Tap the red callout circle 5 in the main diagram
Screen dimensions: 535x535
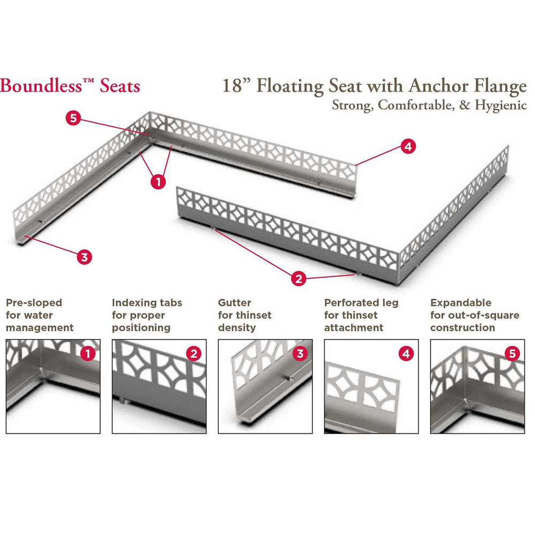click(x=74, y=119)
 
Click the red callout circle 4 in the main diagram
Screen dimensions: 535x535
click(x=408, y=147)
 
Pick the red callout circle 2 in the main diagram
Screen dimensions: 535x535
click(x=299, y=278)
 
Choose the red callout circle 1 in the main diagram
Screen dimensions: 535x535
click(x=158, y=182)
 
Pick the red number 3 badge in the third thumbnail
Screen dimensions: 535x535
click(x=300, y=353)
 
